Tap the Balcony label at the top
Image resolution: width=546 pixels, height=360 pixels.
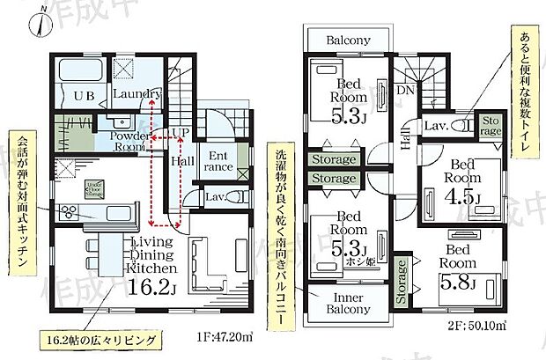(x=348, y=40)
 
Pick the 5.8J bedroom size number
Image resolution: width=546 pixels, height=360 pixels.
(x=460, y=283)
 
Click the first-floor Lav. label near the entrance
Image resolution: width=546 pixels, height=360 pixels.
(x=217, y=197)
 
